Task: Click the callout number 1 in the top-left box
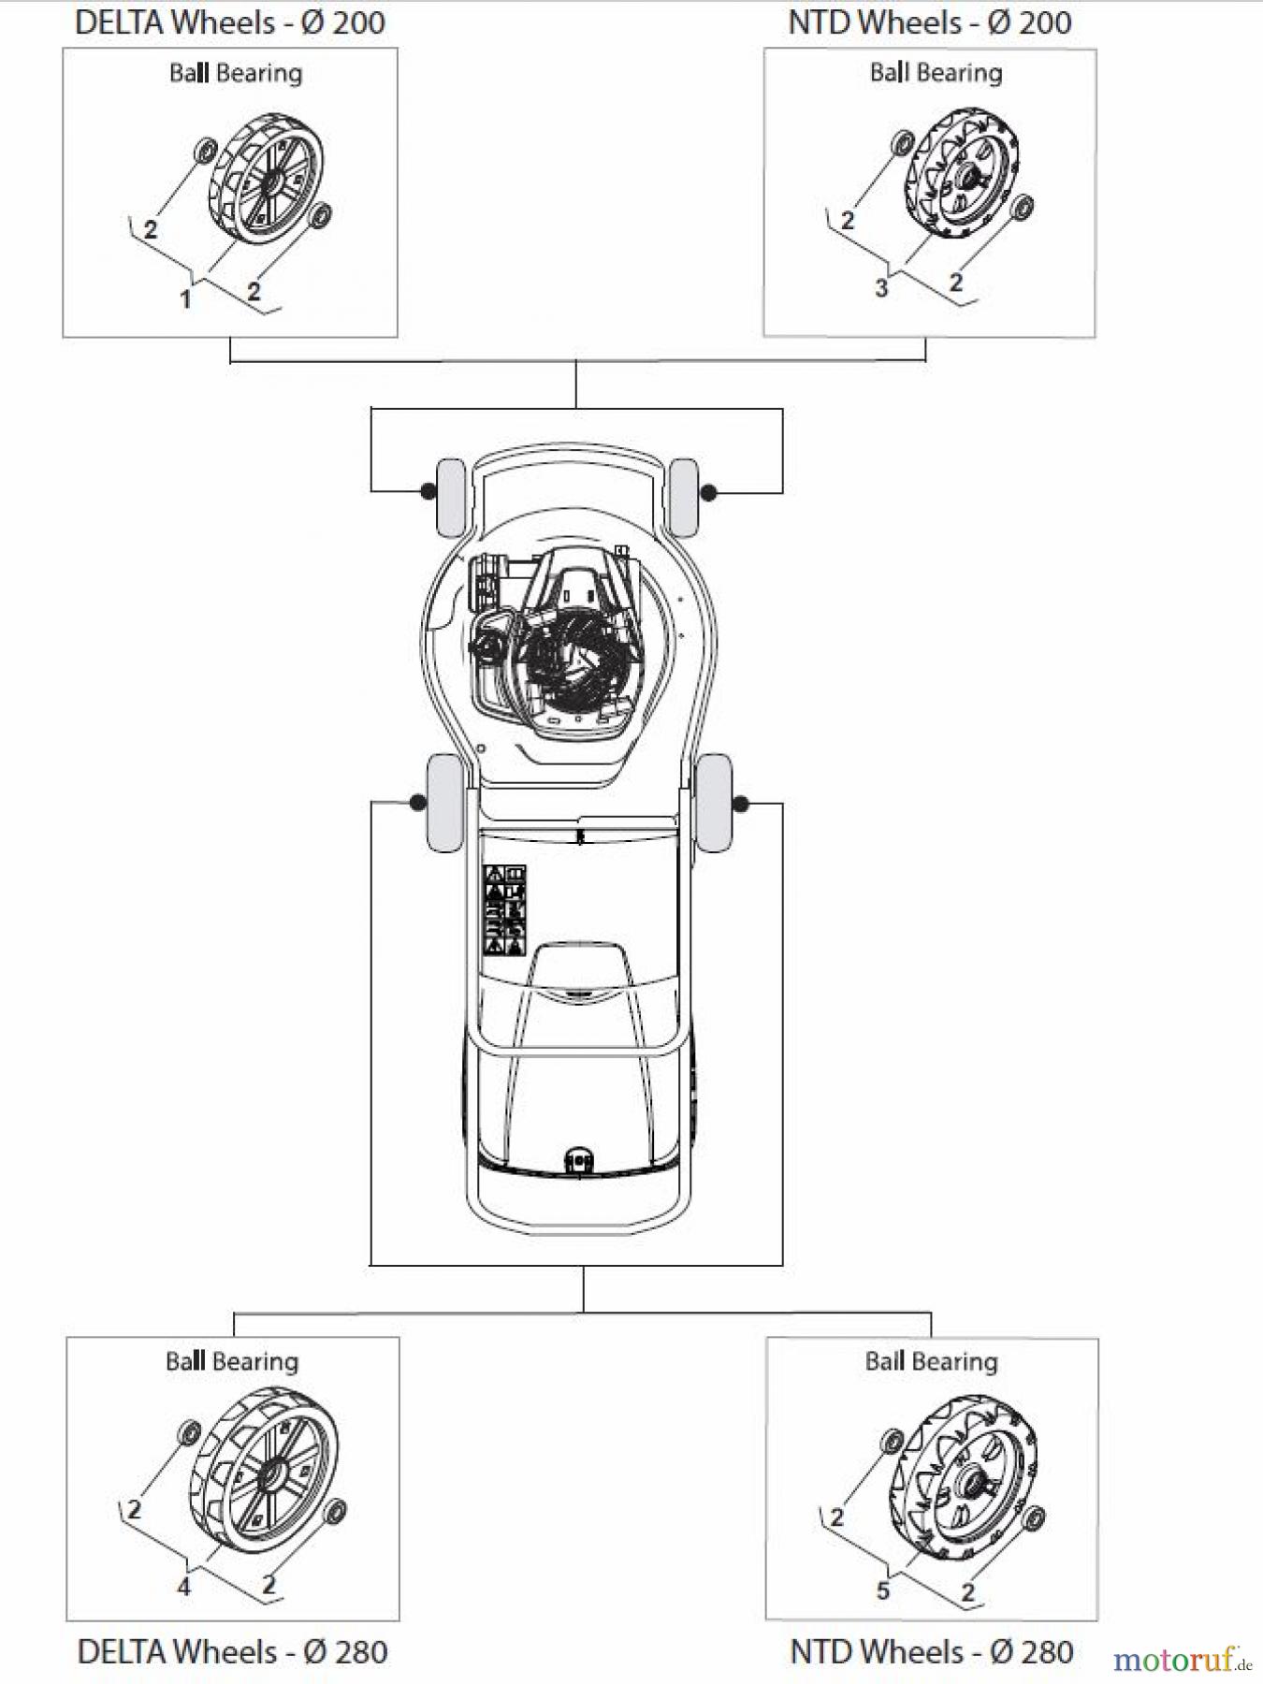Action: coord(185,298)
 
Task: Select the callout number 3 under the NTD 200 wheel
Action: coord(881,288)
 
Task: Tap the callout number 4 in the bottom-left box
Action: coord(184,1587)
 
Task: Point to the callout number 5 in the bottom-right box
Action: coord(882,1590)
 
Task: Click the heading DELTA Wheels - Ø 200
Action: coord(230,22)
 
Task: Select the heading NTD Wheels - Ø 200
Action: coord(930,22)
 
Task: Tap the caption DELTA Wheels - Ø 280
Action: coord(232,1651)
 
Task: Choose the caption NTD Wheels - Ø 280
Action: coord(932,1651)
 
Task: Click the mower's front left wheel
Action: coord(451,497)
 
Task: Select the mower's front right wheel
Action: coord(685,497)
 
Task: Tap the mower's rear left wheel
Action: coord(444,804)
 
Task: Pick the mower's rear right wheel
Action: coord(715,803)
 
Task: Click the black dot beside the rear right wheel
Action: coord(742,804)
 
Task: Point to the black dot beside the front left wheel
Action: coord(427,489)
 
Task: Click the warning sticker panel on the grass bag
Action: coord(504,910)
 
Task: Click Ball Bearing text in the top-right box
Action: coord(936,73)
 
